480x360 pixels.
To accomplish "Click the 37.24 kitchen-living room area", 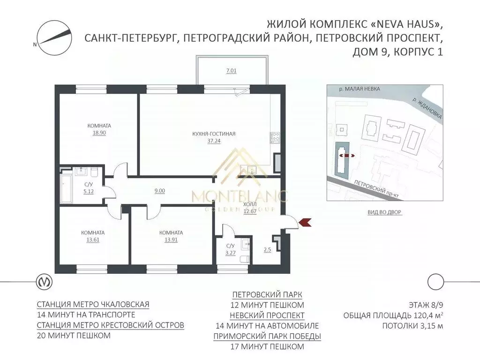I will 214,140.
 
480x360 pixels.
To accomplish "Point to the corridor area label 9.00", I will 160,191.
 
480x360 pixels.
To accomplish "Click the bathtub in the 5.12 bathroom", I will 65,188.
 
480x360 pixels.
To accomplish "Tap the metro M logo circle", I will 45,282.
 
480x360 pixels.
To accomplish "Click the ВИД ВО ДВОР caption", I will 385,212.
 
